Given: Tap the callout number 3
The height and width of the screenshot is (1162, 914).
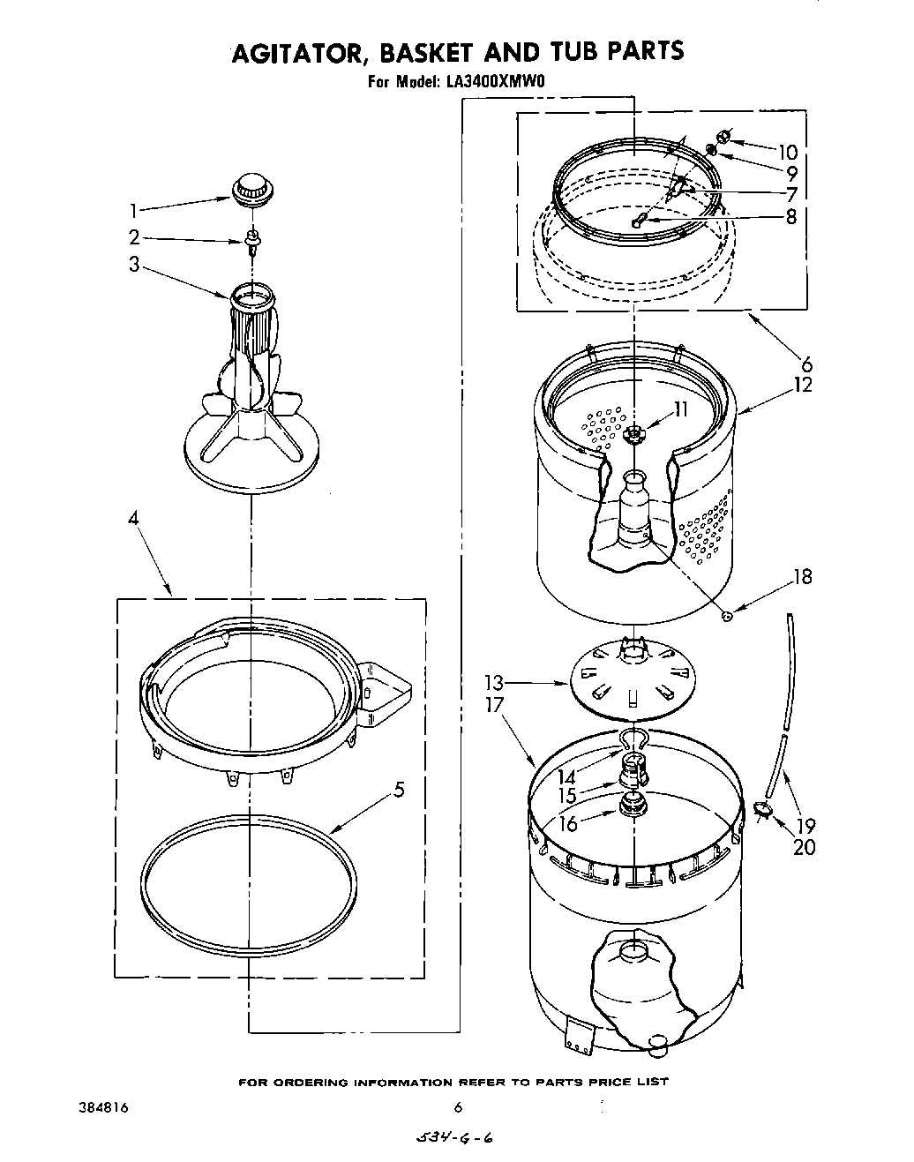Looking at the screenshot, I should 134,264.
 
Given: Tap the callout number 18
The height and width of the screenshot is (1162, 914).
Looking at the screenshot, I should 802,577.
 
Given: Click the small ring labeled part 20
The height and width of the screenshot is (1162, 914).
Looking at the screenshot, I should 762,807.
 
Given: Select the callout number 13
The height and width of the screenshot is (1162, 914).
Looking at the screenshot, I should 493,682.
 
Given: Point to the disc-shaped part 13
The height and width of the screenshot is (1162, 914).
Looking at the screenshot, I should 632,678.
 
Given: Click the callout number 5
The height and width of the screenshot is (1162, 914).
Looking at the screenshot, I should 400,790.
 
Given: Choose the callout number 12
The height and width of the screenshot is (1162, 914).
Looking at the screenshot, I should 802,385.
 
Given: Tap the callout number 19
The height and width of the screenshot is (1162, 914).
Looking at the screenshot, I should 805,827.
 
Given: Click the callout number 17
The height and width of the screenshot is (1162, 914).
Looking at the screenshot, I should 494,705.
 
